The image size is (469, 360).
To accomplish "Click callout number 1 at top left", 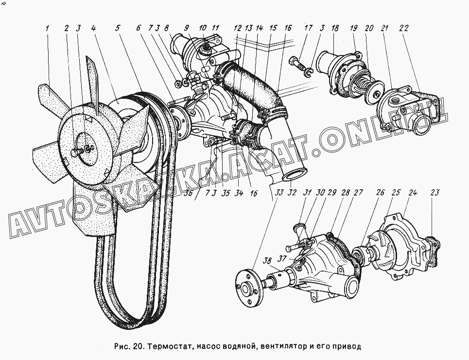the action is click(x=47, y=28).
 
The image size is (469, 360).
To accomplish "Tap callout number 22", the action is click(x=403, y=28).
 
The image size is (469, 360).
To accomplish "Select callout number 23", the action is click(x=434, y=192).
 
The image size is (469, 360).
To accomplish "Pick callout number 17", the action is click(x=308, y=28).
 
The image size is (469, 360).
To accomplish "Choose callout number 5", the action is click(x=118, y=28).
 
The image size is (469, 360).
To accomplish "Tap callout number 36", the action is click(x=189, y=194).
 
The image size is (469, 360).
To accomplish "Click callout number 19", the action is click(x=353, y=28).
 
